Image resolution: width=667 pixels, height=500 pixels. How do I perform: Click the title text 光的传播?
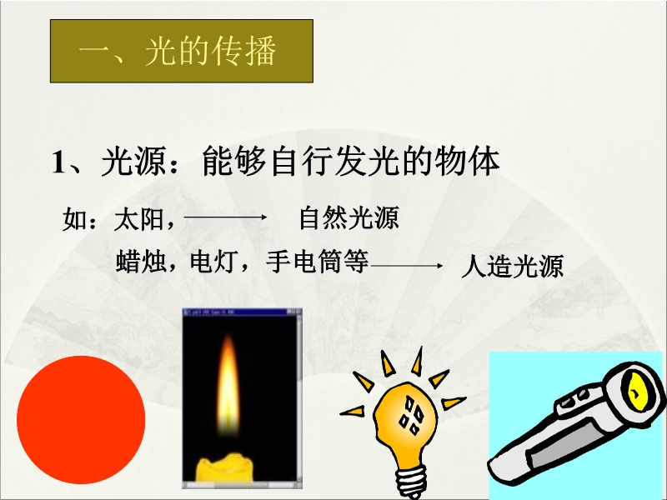click(211, 51)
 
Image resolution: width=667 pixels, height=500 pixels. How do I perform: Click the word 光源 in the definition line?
click(133, 162)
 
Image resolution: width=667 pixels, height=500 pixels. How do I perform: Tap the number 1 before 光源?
click(58, 162)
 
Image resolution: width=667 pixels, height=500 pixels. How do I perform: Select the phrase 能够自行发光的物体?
click(350, 161)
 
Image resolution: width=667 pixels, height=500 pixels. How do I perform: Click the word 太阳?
click(138, 219)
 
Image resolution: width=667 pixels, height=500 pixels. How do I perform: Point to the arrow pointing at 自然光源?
click(225, 217)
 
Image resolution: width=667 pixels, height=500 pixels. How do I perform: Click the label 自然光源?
click(349, 217)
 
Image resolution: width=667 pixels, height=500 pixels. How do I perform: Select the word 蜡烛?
click(140, 261)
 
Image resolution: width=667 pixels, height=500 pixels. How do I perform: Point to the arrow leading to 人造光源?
click(407, 266)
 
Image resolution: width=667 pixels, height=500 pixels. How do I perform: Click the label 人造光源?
click(512, 266)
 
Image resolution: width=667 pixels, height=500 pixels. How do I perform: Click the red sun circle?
click(81, 420)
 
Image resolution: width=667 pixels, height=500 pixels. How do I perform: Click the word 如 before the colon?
click(74, 219)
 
